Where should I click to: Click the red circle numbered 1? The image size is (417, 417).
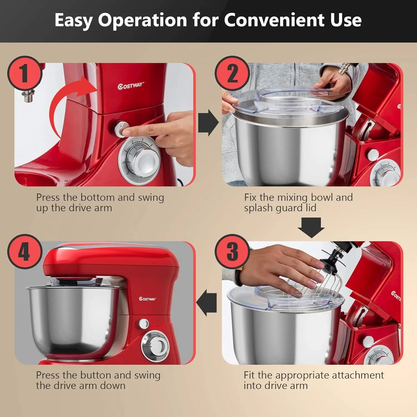pyautogui.click(x=25, y=73)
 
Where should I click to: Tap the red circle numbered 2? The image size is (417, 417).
pyautogui.click(x=232, y=73)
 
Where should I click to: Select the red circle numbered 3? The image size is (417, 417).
pyautogui.click(x=232, y=251)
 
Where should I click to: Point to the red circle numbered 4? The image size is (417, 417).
pyautogui.click(x=25, y=251)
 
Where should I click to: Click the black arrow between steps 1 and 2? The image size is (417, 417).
pyautogui.click(x=208, y=123)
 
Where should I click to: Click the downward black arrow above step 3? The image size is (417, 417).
pyautogui.click(x=311, y=227)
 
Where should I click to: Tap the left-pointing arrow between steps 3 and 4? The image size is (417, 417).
pyautogui.click(x=207, y=303)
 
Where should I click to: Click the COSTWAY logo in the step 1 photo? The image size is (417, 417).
pyautogui.click(x=131, y=86)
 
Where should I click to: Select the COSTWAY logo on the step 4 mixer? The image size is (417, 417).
pyautogui.click(x=147, y=299)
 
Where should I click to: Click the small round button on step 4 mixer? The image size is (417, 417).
pyautogui.click(x=144, y=324)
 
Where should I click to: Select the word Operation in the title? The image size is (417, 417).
pyautogui.click(x=142, y=20)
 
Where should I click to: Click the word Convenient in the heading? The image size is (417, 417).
pyautogui.click(x=274, y=20)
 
